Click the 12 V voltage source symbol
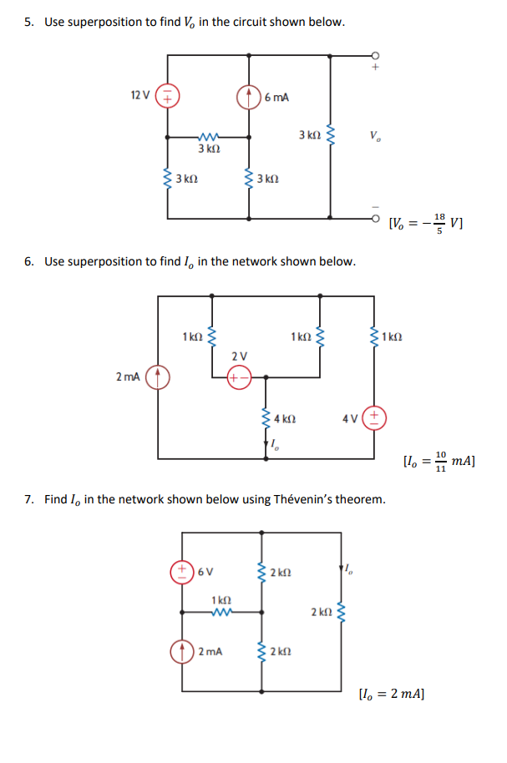(168, 97)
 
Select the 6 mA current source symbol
(249, 97)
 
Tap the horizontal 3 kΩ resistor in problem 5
(208, 137)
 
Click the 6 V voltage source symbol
(180, 572)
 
